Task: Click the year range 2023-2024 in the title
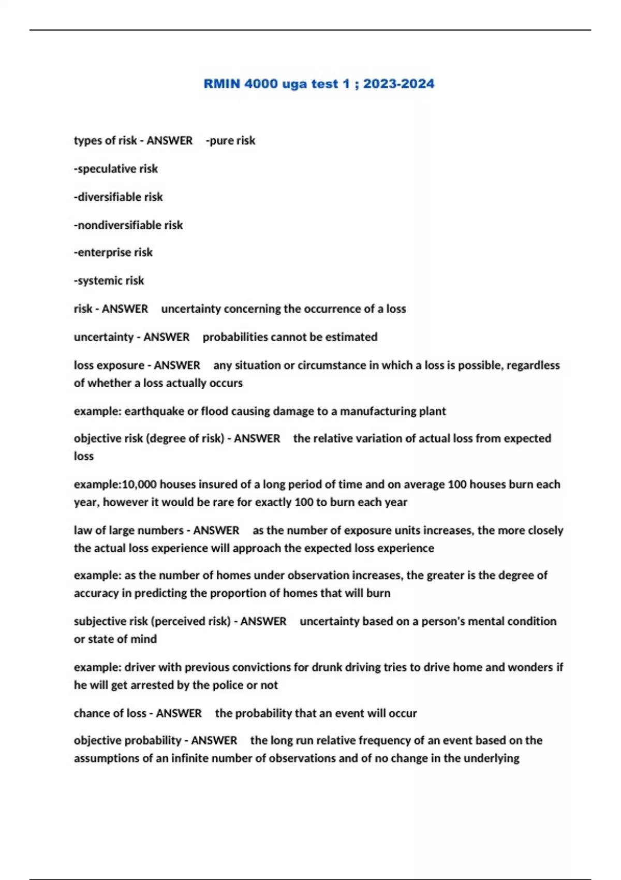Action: click(398, 84)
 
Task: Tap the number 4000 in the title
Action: click(261, 84)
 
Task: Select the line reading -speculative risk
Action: click(116, 169)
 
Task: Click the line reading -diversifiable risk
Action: click(118, 197)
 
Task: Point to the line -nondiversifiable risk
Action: click(128, 225)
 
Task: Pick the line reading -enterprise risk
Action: click(113, 253)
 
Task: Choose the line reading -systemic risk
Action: click(109, 281)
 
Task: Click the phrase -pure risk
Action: click(230, 141)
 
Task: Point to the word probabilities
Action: click(235, 337)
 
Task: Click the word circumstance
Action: click(331, 365)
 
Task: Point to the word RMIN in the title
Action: click(221, 84)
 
